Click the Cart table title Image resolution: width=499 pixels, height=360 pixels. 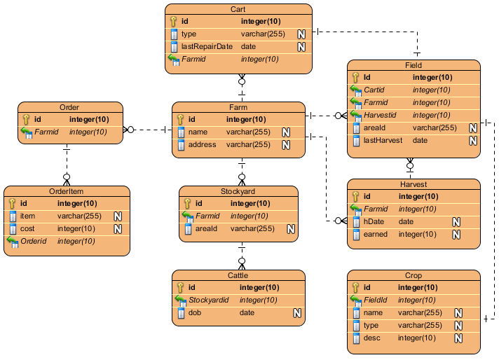[x=238, y=9]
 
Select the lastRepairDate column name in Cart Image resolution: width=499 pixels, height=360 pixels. [x=206, y=46]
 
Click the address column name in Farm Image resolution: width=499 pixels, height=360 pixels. [x=203, y=145]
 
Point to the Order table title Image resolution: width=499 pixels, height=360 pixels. [x=69, y=107]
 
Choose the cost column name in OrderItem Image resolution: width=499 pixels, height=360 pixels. [x=28, y=229]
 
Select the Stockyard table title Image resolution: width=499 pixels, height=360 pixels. [x=238, y=191]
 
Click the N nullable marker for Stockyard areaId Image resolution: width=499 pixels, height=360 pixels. [x=290, y=229]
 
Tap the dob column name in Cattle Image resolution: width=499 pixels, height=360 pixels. [x=196, y=313]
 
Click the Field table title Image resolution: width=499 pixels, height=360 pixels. [x=413, y=65]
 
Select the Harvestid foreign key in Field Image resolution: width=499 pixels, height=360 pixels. [x=381, y=116]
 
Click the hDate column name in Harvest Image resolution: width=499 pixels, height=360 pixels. [x=374, y=222]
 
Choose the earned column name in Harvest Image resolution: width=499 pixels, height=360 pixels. [x=376, y=235]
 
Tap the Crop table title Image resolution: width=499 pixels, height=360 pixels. [x=413, y=275]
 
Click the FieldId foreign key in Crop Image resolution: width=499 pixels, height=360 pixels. [x=378, y=300]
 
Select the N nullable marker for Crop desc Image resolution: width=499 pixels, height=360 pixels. [x=458, y=338]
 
